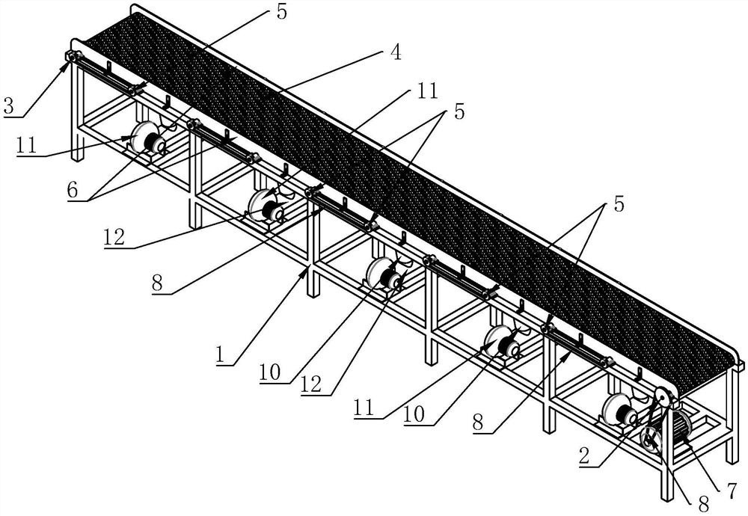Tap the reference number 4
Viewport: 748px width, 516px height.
[395, 52]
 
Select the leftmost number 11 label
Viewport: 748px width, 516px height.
[26, 144]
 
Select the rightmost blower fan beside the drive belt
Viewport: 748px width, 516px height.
[620, 408]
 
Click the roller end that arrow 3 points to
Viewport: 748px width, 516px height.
[71, 57]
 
